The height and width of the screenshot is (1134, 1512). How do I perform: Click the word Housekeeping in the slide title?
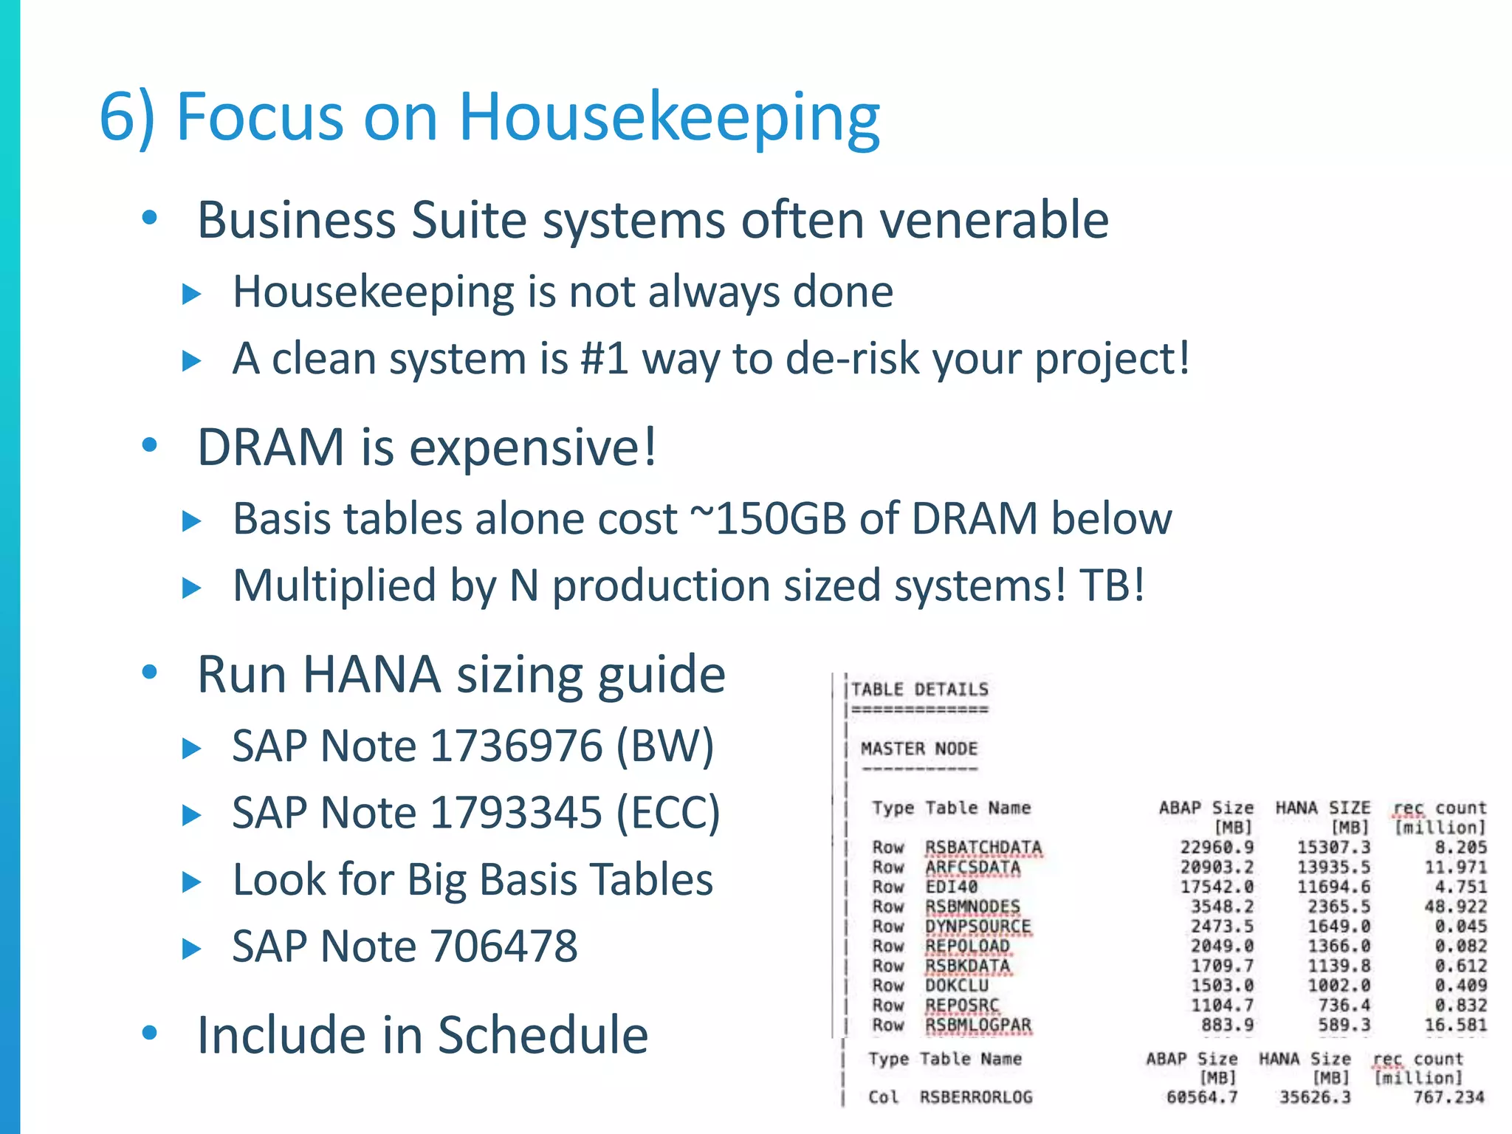click(x=669, y=118)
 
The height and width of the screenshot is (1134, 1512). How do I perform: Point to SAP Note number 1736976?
click(x=516, y=746)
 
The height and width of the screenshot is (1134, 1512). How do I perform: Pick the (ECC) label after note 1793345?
click(x=667, y=813)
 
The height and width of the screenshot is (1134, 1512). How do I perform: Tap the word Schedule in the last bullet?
click(x=543, y=1035)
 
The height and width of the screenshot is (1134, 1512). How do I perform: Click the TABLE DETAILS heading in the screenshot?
click(x=919, y=690)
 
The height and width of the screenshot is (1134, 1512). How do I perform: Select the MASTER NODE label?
click(x=918, y=749)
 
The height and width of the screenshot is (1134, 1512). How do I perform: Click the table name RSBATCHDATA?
click(x=983, y=848)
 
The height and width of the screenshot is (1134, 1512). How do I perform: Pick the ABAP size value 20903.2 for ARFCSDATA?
click(x=1216, y=867)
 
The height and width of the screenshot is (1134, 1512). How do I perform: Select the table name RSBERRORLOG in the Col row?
click(x=975, y=1097)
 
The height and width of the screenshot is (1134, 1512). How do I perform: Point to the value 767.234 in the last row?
click(x=1448, y=1097)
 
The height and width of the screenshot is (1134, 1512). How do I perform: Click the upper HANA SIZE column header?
click(x=1322, y=808)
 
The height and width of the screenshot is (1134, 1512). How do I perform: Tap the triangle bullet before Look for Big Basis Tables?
click(x=191, y=882)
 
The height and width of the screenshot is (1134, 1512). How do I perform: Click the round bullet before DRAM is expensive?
click(x=150, y=445)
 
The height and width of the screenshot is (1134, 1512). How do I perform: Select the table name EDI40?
click(x=951, y=887)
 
